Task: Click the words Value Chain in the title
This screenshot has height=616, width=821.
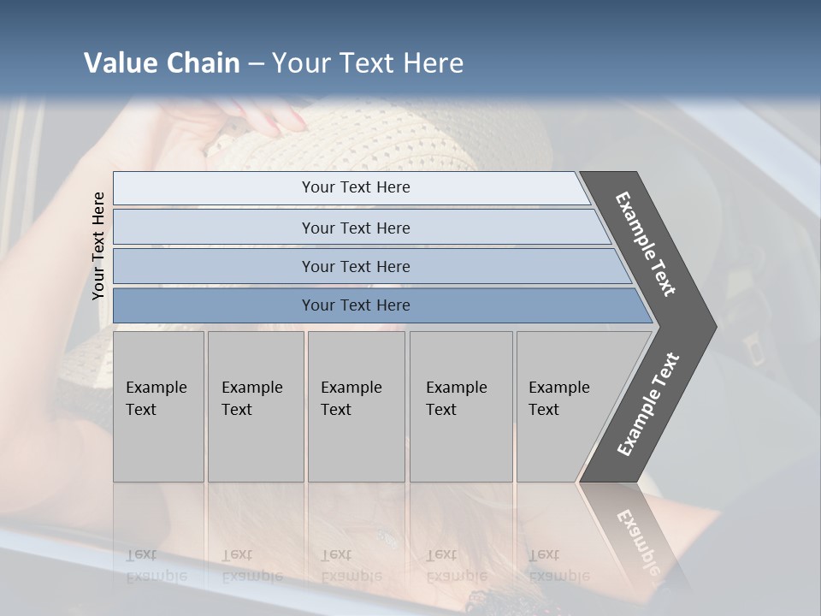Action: (x=162, y=63)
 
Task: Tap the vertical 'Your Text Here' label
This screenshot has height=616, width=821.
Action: (x=98, y=246)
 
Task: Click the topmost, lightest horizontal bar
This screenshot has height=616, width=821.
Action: (x=355, y=187)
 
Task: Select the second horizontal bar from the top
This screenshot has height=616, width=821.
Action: (x=355, y=228)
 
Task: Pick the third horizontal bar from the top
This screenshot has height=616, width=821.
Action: (x=355, y=266)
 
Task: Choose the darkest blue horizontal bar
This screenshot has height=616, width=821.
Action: (x=355, y=305)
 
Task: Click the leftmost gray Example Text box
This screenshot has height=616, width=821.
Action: (x=158, y=406)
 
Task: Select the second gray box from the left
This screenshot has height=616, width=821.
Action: (x=255, y=406)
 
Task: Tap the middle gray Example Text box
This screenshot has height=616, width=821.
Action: (x=355, y=406)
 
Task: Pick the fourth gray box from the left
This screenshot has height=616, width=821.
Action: (x=460, y=406)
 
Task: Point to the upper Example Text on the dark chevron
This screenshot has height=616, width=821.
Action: (x=646, y=243)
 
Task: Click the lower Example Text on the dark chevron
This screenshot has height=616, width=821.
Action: (x=647, y=405)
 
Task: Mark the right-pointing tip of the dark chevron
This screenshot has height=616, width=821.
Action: (x=712, y=327)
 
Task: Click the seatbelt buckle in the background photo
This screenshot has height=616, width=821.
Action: (x=753, y=348)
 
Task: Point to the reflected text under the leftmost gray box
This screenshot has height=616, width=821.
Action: (x=156, y=565)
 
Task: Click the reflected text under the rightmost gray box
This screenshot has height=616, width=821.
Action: (x=558, y=565)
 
